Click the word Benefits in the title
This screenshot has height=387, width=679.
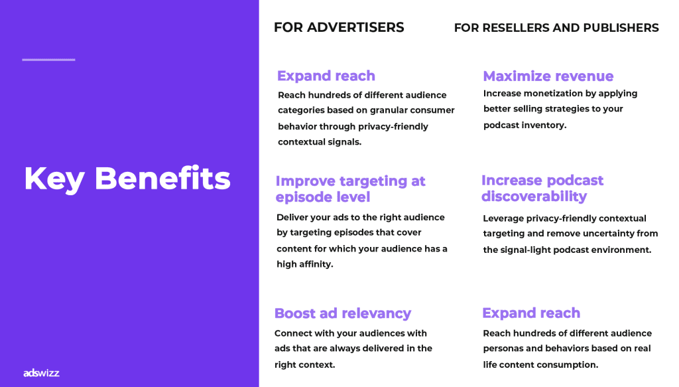[162, 178]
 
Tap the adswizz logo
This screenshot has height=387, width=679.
[41, 372]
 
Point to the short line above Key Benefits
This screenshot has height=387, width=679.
[48, 59]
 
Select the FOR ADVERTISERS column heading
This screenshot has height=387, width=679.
[339, 27]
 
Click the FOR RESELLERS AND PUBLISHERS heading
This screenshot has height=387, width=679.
[556, 28]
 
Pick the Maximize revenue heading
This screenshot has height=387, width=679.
[548, 76]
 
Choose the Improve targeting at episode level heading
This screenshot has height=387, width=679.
[350, 189]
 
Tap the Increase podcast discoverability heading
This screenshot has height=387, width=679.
[542, 188]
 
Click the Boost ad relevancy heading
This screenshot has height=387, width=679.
[343, 313]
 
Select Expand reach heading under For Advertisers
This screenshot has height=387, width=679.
[326, 76]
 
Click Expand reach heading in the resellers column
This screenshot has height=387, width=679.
[531, 313]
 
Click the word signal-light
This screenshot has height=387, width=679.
[526, 250]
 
